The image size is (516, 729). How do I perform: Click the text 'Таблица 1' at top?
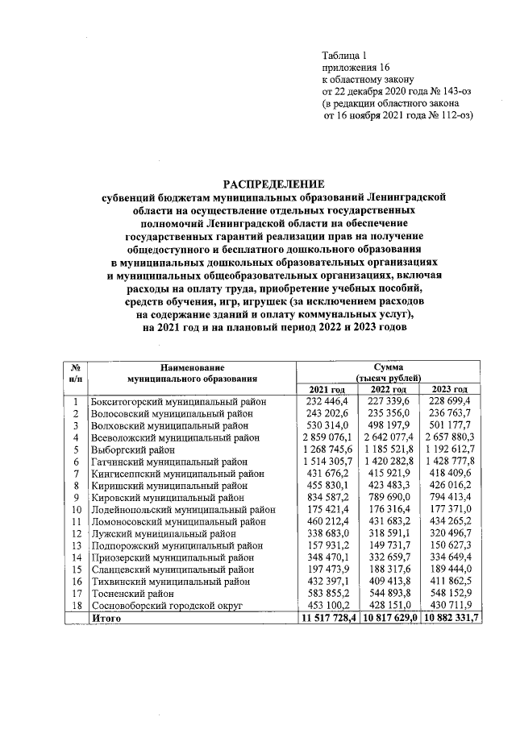[344, 56]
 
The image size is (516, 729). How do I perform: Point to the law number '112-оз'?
[454, 115]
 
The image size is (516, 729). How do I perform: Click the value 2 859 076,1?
[327, 437]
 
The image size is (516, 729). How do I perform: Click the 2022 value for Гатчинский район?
[393, 462]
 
